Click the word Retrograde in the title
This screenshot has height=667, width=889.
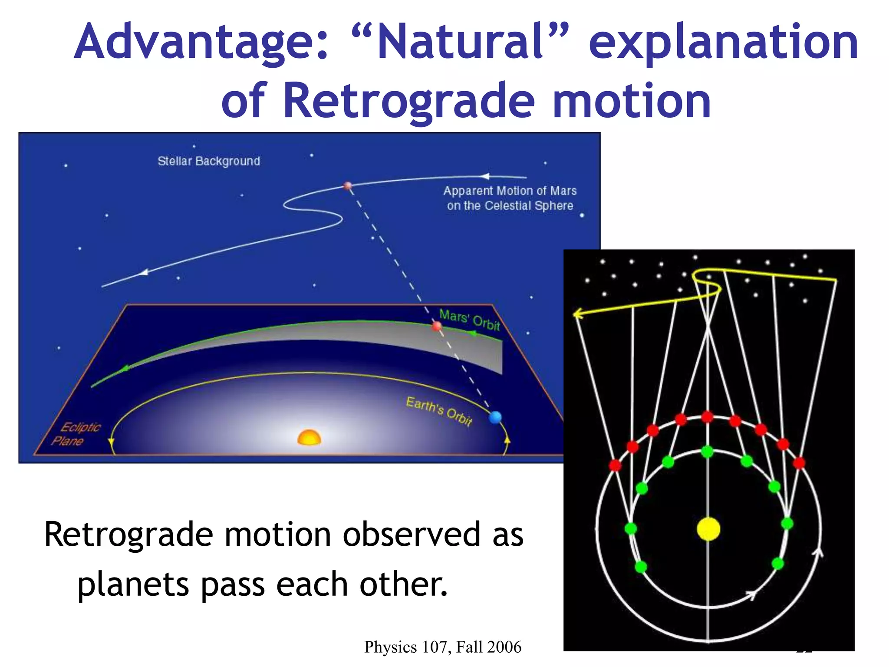pyautogui.click(x=408, y=101)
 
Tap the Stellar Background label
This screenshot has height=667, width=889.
pyautogui.click(x=209, y=161)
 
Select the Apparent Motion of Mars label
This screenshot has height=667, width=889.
pyautogui.click(x=510, y=198)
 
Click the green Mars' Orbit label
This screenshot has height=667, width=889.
pyautogui.click(x=469, y=319)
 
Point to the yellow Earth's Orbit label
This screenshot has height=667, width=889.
pyautogui.click(x=438, y=410)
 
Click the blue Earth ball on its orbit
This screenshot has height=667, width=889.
pyautogui.click(x=495, y=417)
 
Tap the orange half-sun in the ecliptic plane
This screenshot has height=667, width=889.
pyautogui.click(x=309, y=438)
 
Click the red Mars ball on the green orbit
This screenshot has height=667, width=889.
pyautogui.click(x=437, y=326)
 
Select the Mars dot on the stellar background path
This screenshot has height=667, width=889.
pyautogui.click(x=347, y=186)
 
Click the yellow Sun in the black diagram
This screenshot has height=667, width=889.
pyautogui.click(x=708, y=529)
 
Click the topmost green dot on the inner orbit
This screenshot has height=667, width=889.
pyautogui.click(x=708, y=452)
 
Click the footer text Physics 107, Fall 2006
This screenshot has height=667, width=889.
pyautogui.click(x=442, y=647)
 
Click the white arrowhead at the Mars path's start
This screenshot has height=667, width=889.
pyautogui.click(x=485, y=176)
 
